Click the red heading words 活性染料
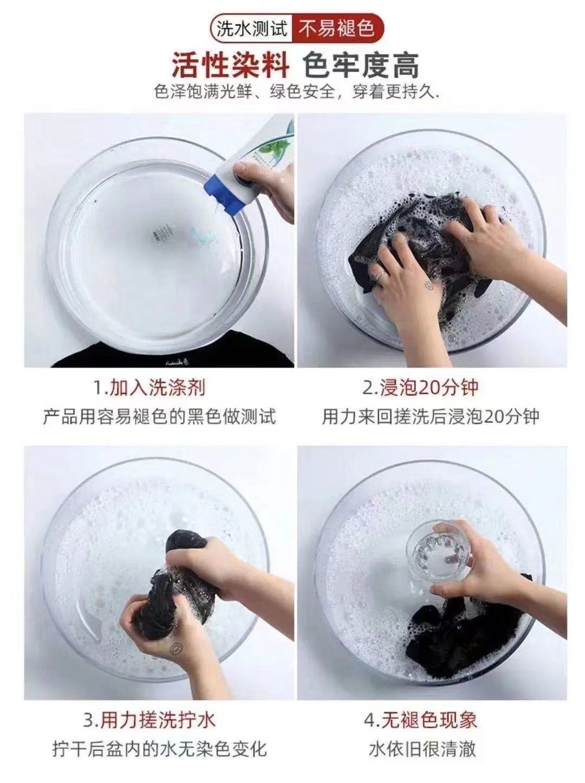[231, 66]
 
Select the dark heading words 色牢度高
[361, 66]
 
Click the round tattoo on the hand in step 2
[428, 285]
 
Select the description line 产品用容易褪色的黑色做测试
[160, 416]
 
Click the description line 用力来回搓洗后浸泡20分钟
[431, 416]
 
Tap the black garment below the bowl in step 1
[171, 351]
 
